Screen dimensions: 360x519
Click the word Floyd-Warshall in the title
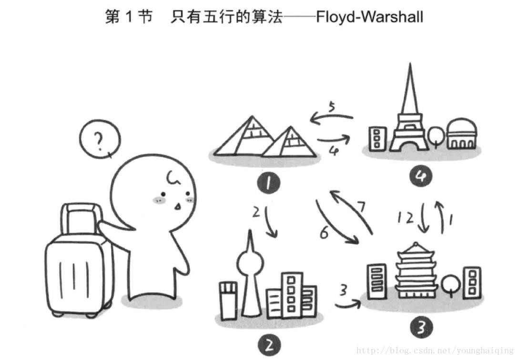(369, 18)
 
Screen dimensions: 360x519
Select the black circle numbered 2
(269, 344)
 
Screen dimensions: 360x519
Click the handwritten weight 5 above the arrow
(331, 106)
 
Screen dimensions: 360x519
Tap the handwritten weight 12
(406, 218)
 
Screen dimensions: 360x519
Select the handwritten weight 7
(362, 206)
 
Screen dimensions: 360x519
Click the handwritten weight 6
(325, 233)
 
